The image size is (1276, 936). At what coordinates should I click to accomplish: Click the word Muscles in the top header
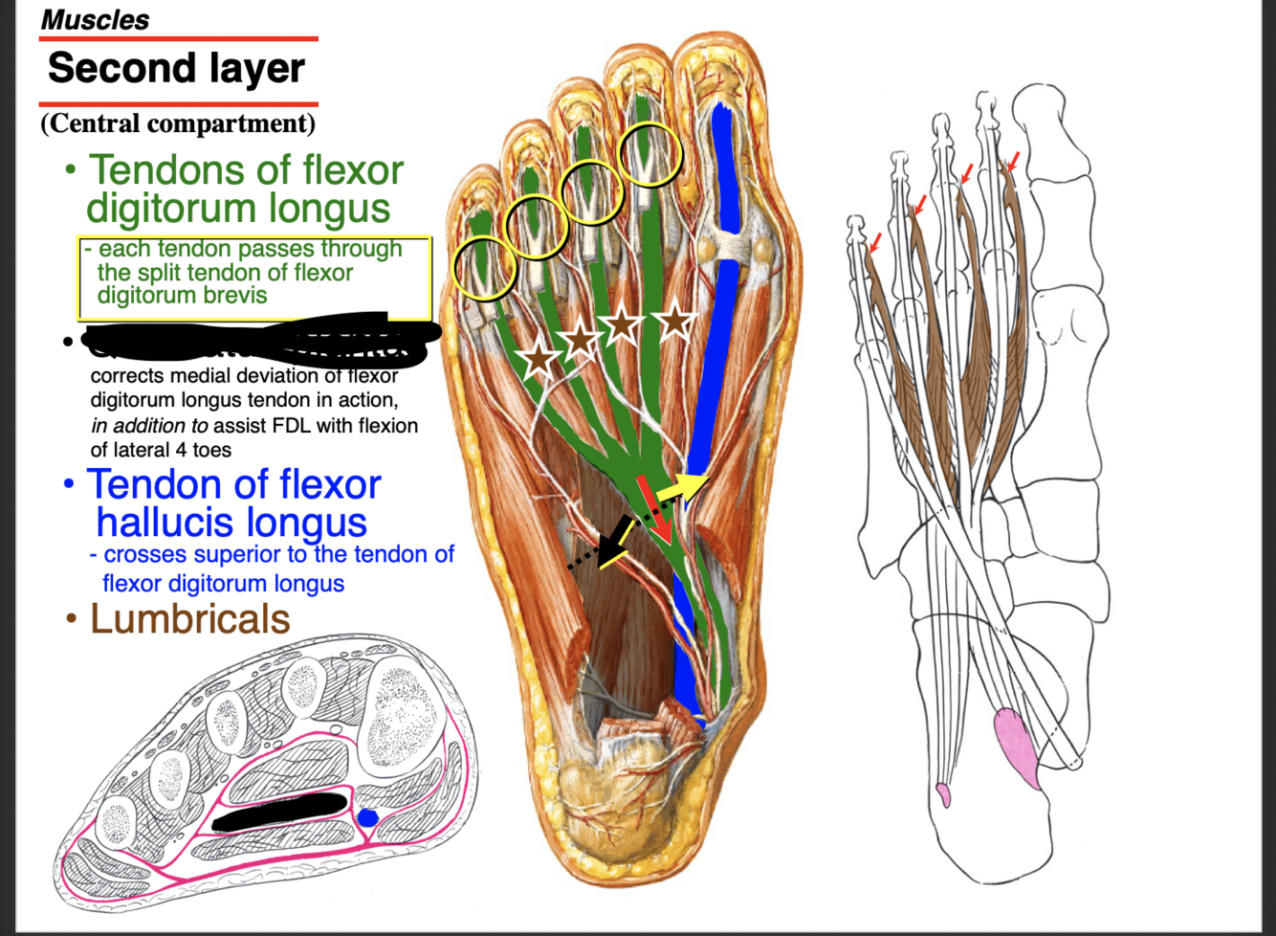pyautogui.click(x=95, y=20)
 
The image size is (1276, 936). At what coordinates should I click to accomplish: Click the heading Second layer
pyautogui.click(x=176, y=69)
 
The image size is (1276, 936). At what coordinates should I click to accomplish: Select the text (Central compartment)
pyautogui.click(x=178, y=123)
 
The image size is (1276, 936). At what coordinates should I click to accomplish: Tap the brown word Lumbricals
pyautogui.click(x=189, y=619)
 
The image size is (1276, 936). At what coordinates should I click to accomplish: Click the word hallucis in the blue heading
pyautogui.click(x=231, y=523)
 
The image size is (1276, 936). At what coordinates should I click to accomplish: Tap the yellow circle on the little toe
pyautogui.click(x=484, y=267)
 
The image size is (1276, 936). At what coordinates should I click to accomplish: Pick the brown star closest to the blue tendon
pyautogui.click(x=674, y=320)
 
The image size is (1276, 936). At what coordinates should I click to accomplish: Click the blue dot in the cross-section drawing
pyautogui.click(x=367, y=818)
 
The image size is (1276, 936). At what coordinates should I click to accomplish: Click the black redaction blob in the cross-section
pyautogui.click(x=279, y=812)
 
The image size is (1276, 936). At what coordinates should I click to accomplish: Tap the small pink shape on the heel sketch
pyautogui.click(x=943, y=793)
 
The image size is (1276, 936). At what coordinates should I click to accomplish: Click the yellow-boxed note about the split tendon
pyautogui.click(x=253, y=278)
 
